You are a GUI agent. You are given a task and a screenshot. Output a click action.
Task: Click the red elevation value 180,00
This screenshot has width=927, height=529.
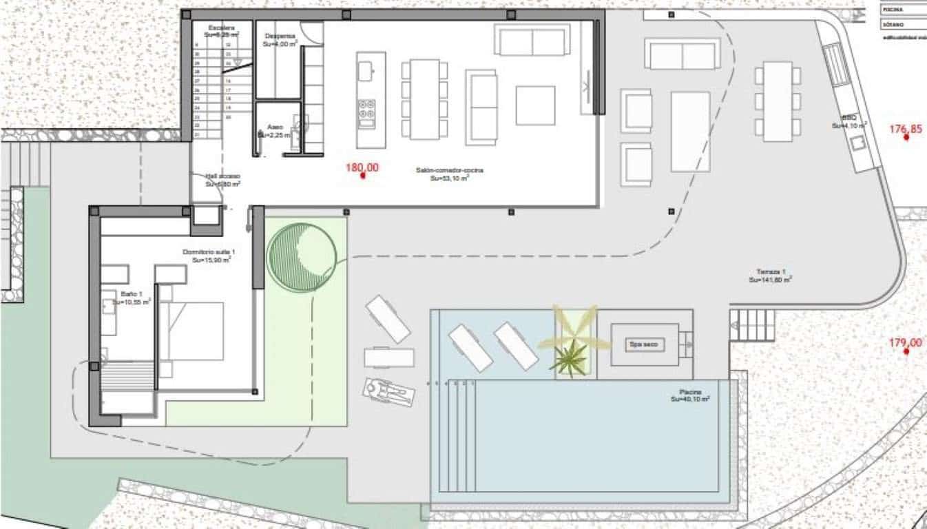[362, 167]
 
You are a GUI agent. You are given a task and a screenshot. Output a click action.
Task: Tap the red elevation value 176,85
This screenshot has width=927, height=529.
[905, 129]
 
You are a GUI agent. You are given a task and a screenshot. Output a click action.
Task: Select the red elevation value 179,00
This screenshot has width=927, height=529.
[905, 342]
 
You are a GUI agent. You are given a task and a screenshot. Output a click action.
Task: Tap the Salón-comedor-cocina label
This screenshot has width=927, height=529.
[449, 170]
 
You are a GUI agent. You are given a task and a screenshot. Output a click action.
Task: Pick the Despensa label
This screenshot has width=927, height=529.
[279, 35]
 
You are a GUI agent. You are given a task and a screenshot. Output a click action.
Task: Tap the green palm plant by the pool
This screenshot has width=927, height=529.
[569, 358]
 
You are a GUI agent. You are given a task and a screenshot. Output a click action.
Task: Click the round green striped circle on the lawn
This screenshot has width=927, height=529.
[302, 256]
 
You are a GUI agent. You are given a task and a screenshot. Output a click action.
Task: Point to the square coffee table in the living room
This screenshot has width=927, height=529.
[535, 105]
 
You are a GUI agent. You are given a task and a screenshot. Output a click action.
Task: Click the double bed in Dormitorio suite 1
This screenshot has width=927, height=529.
[193, 331]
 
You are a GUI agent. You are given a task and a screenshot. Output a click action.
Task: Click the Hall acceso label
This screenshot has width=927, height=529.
[222, 176]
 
